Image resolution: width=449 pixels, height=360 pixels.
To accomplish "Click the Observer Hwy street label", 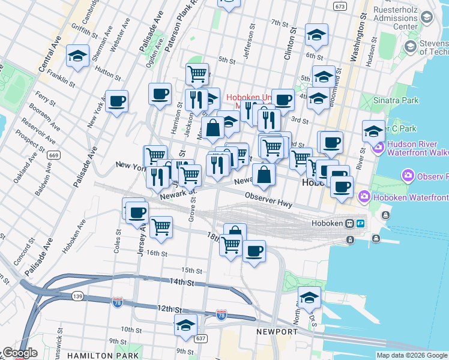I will pyautogui.click(x=268, y=200).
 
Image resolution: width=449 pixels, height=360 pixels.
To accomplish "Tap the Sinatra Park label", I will pyautogui.click(x=396, y=100).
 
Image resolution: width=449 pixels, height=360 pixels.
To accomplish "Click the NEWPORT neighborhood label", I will pyautogui.click(x=277, y=332).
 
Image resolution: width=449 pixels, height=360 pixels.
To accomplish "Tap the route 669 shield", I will pyautogui.click(x=55, y=155).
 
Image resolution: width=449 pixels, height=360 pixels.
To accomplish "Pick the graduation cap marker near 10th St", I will pyautogui.click(x=186, y=325).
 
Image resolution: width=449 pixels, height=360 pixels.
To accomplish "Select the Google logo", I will pyautogui.click(x=20, y=353).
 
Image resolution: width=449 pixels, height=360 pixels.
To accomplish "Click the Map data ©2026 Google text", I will pyautogui.click(x=412, y=355).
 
